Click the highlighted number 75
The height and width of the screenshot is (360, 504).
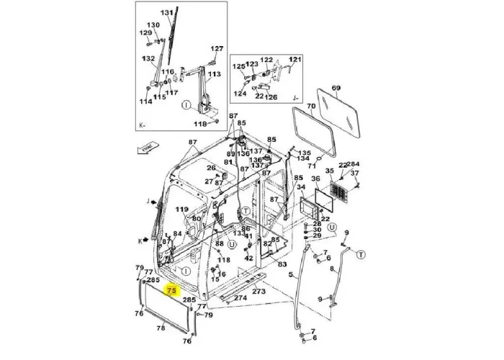(171, 291)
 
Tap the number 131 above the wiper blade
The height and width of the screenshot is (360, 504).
(166, 13)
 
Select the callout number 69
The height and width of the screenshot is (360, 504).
(336, 88)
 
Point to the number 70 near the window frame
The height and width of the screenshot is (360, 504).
(311, 107)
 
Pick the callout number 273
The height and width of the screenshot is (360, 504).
(258, 292)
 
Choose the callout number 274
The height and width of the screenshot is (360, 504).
(240, 297)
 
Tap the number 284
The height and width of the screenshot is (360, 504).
(354, 165)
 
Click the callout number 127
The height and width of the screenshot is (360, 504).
(217, 49)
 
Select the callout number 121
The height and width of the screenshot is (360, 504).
(295, 59)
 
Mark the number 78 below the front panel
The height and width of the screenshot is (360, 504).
(161, 328)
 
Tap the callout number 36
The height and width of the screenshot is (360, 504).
(315, 179)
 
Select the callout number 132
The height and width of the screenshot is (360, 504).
(149, 58)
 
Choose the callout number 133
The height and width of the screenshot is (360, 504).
(238, 234)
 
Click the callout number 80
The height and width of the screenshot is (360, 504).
(197, 219)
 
